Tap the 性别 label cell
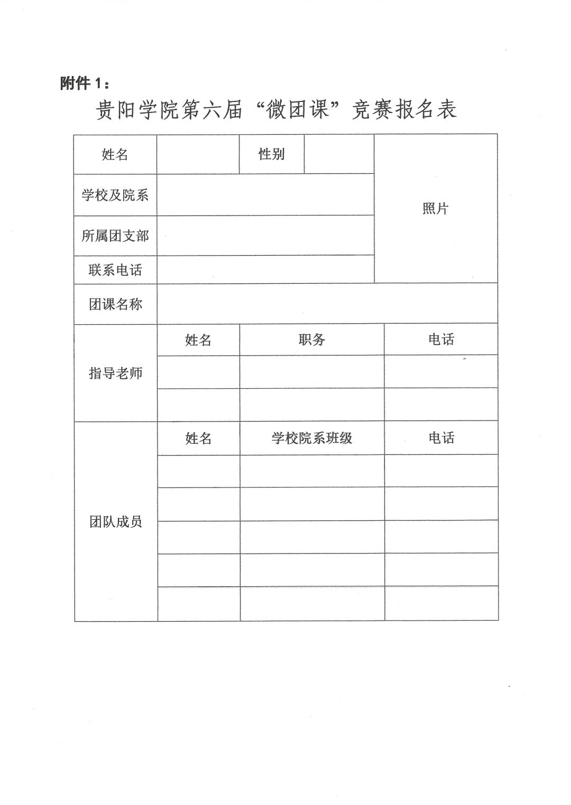(271, 154)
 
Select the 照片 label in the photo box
(435, 209)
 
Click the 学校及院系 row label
(115, 195)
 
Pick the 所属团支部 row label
(115, 236)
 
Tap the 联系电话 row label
(115, 270)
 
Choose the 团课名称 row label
(115, 304)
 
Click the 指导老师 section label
(115, 373)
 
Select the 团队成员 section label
(115, 522)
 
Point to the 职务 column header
(311, 340)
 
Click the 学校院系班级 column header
(311, 438)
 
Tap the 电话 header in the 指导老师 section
(441, 340)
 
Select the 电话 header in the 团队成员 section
(441, 438)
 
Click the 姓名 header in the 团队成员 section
(198, 438)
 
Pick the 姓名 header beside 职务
(198, 340)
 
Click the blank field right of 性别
(339, 154)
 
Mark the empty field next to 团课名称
(327, 304)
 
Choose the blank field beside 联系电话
(265, 270)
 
